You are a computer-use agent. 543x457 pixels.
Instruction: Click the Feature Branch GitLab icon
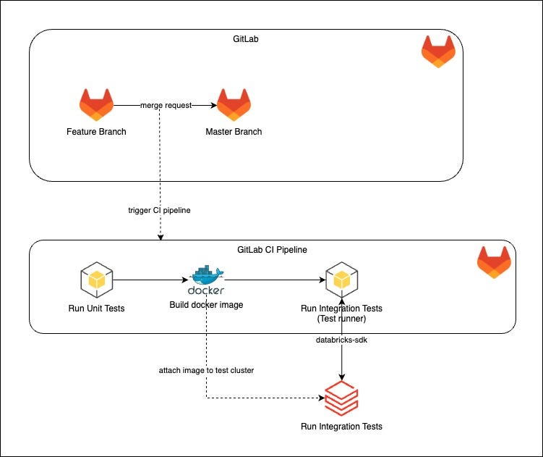coord(96,106)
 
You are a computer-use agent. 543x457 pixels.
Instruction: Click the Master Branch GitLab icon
coord(234,106)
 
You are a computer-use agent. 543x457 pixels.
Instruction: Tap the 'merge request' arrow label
coord(166,105)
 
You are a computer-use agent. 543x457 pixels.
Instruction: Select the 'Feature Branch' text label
coord(96,132)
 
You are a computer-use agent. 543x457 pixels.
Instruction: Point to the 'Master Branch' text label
coord(234,132)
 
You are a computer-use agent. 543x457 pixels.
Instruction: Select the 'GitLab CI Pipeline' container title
coord(272,250)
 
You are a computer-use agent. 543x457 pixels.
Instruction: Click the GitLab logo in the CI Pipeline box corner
coord(494,262)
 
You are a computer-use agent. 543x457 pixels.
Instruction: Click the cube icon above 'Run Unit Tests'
coord(96,280)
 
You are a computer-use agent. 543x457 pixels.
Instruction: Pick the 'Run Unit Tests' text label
coord(96,309)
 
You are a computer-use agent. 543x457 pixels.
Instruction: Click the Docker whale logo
coord(207,280)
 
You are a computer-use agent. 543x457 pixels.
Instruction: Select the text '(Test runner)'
coord(341,319)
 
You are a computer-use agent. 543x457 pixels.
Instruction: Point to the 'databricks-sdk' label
coord(341,339)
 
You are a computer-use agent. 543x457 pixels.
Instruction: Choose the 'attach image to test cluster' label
coord(206,370)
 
